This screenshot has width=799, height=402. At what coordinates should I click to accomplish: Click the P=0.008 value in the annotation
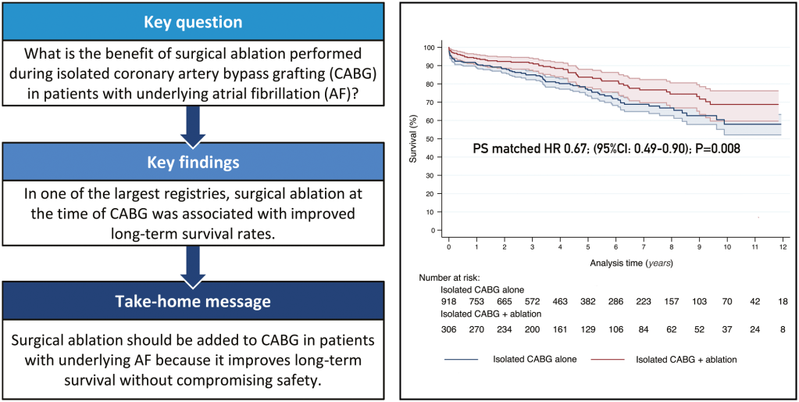coord(713,148)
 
